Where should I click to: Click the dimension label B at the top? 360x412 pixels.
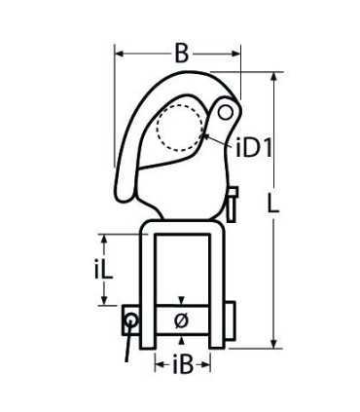coord(182,54)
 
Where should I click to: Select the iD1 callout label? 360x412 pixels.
coord(254,148)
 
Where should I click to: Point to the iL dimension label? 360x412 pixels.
coord(103,270)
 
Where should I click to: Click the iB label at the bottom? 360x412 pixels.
coord(183,364)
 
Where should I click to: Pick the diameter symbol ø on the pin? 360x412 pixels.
coord(181,320)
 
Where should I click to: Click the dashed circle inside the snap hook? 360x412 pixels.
coord(179,129)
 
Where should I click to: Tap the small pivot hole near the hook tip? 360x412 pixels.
coord(225,113)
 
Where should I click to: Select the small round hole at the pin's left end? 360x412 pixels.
coord(131,320)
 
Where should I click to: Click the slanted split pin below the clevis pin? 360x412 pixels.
coord(128,343)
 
